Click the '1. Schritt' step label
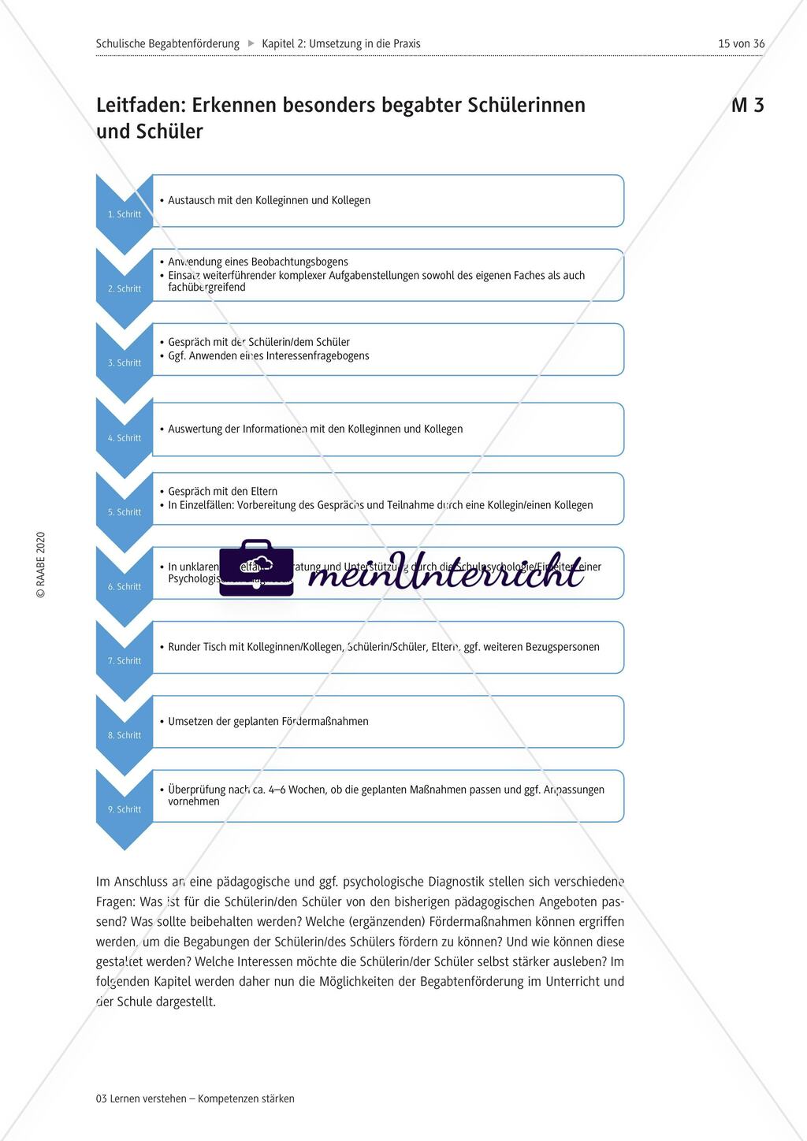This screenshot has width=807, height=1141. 125,214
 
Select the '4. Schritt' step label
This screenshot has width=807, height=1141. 125,438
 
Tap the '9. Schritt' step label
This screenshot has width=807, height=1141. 125,809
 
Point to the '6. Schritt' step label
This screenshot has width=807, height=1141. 125,586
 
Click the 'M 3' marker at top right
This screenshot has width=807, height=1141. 747,106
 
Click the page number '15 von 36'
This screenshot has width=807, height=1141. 741,44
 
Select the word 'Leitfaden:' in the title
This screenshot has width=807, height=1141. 140,106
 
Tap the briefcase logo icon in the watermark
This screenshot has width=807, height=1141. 256,567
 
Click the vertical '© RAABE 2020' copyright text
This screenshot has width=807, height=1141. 41,565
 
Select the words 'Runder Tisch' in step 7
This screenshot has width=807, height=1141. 197,647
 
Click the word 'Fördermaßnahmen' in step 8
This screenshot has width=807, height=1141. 323,721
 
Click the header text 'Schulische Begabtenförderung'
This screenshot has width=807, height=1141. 167,44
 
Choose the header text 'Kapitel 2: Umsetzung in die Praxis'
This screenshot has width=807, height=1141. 340,44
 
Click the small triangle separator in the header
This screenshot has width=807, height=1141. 251,44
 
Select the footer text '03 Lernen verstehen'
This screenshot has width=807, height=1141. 141,1098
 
